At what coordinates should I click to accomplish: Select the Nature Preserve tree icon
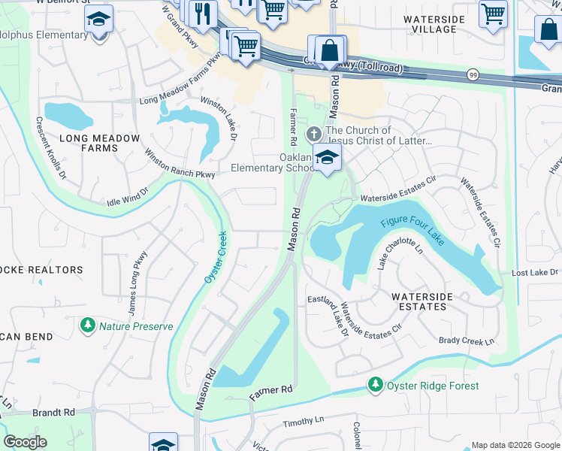[x=88, y=325]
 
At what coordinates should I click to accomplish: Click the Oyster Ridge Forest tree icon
[x=376, y=385]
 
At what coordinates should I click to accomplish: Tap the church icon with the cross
[x=313, y=135]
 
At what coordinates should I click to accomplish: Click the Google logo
[x=26, y=441]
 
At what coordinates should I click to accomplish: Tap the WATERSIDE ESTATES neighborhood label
[x=421, y=301]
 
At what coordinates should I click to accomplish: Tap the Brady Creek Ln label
[x=467, y=341]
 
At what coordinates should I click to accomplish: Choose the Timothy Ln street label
[x=303, y=421]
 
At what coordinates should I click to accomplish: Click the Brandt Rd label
[x=54, y=413]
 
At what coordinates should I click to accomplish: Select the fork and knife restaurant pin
[x=203, y=13]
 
